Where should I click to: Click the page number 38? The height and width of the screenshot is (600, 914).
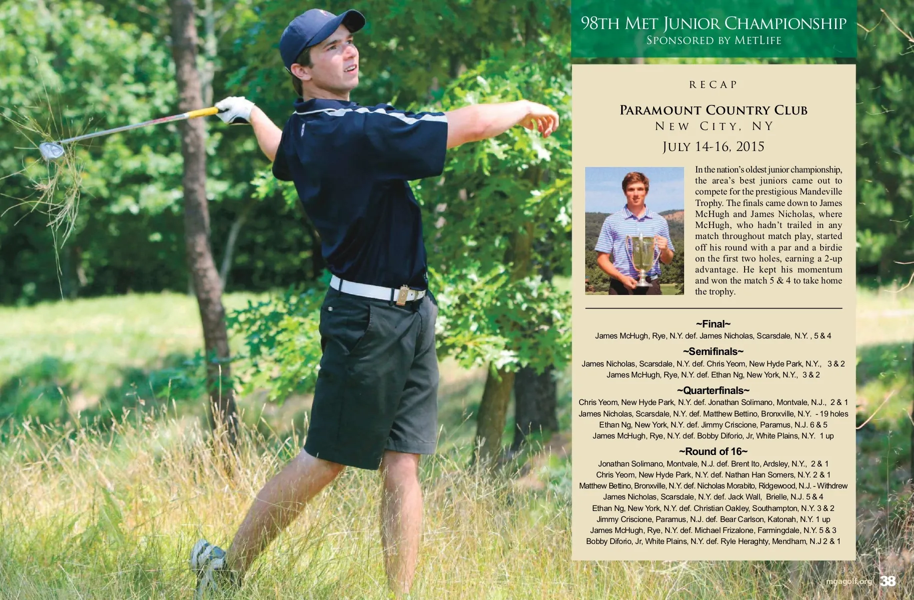coord(888,581)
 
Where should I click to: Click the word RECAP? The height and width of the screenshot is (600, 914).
coord(713,84)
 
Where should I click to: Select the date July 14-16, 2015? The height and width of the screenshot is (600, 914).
coord(713,146)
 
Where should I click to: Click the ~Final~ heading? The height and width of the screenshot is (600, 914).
coord(713,324)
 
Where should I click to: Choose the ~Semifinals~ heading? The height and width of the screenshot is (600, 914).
coord(713,351)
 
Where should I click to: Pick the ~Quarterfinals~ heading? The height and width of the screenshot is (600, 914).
coord(713,390)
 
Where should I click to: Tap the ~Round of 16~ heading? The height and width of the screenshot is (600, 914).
coord(713,451)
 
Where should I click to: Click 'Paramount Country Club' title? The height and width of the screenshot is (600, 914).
coord(713,110)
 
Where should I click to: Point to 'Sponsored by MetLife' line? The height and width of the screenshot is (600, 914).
coord(714,40)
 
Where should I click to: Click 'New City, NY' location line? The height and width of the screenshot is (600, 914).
coord(714,126)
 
